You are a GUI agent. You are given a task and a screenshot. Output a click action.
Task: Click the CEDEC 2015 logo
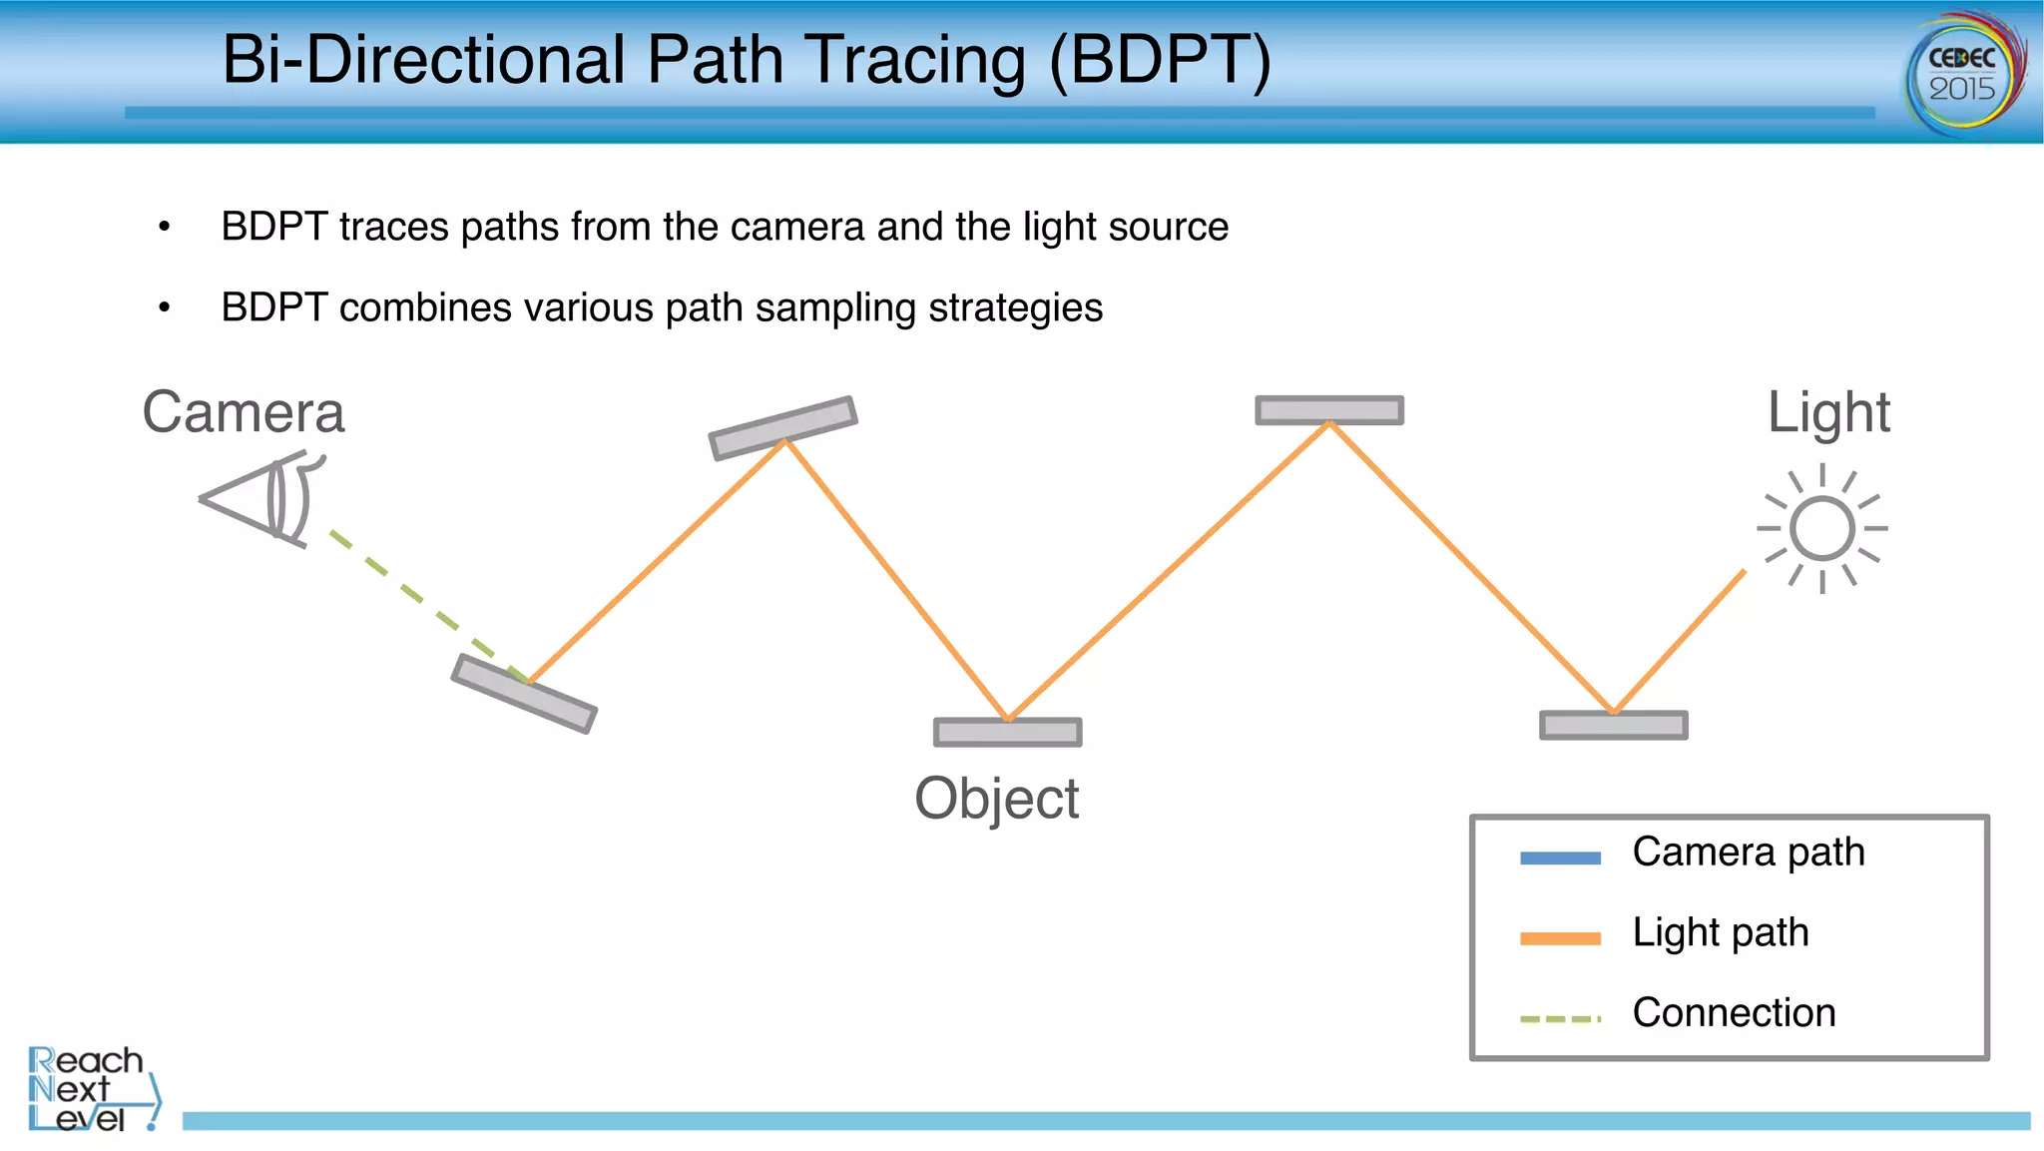[x=1965, y=74]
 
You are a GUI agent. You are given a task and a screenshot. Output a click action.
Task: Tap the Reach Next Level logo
[x=92, y=1089]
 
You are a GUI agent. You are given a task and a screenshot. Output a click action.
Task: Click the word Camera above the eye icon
[x=244, y=412]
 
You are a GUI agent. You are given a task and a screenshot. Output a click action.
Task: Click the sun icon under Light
[x=1822, y=529]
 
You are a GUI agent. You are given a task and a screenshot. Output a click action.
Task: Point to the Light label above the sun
[x=1828, y=412]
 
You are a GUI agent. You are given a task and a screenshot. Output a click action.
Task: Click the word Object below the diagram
[x=996, y=799]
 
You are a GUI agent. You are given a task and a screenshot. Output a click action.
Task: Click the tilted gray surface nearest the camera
[x=524, y=694]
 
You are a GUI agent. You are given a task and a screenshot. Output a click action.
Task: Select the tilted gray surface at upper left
[x=782, y=427]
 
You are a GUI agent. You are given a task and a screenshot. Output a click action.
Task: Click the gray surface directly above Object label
[x=1007, y=733]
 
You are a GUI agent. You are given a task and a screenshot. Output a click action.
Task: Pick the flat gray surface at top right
[x=1329, y=410]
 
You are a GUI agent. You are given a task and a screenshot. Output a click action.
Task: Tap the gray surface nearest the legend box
[x=1613, y=726]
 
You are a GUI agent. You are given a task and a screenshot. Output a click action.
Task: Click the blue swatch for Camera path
[x=1560, y=858]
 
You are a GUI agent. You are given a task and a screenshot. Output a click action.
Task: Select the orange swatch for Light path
[x=1560, y=938]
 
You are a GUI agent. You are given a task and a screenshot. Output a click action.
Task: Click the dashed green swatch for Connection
[x=1560, y=1019]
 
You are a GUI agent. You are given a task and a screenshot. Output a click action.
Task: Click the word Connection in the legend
[x=1734, y=1012]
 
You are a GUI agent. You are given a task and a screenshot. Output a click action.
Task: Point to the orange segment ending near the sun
[x=1679, y=641]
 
